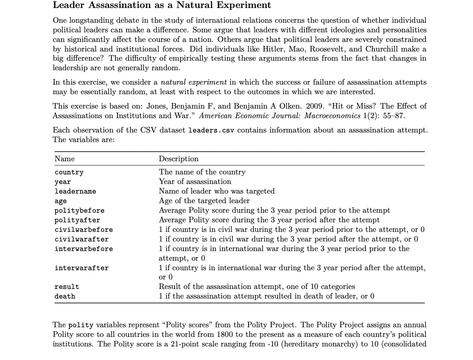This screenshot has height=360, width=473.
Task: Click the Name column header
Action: tap(64, 159)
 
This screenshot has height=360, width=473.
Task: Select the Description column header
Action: tap(178, 159)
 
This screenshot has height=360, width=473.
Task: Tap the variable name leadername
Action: tap(75, 192)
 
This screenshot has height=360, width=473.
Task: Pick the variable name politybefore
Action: tap(79, 211)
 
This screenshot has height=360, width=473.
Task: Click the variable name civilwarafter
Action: tap(81, 239)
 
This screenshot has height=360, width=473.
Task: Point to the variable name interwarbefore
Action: tap(83, 249)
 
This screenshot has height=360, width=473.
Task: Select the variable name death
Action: tap(65, 297)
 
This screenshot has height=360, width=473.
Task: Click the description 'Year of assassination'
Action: tap(195, 182)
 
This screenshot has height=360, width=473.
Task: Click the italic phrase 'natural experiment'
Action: tap(193, 82)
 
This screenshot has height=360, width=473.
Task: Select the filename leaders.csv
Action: tap(211, 131)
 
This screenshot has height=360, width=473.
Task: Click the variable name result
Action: tap(67, 287)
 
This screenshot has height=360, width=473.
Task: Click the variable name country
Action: tap(69, 172)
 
